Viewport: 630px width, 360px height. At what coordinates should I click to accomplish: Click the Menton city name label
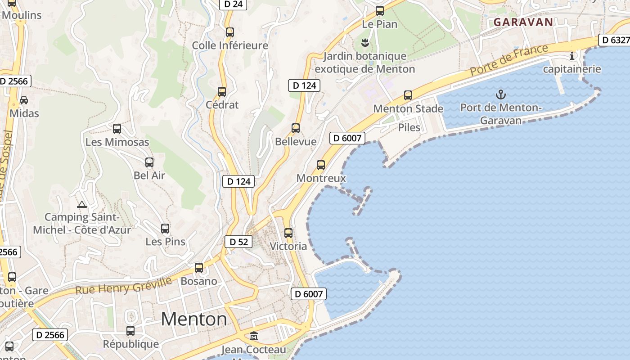(x=194, y=319)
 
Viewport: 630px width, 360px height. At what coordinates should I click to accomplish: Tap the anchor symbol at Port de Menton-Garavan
(x=500, y=94)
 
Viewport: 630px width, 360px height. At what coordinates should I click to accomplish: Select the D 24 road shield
(x=233, y=4)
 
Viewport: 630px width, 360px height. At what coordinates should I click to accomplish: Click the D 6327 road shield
(x=615, y=40)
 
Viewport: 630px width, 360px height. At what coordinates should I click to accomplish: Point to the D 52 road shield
(x=238, y=242)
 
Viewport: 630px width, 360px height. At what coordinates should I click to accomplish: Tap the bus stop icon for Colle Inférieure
(x=230, y=32)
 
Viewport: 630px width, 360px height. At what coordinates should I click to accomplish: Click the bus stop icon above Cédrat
(x=222, y=92)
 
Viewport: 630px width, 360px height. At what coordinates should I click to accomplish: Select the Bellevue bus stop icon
(x=296, y=128)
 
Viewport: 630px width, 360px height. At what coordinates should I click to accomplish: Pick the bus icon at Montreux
(x=321, y=165)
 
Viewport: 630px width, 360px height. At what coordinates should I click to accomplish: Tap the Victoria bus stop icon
(x=288, y=233)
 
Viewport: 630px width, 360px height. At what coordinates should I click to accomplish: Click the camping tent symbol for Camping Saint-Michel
(x=81, y=205)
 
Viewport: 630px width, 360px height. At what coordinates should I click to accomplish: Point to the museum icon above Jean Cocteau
(x=254, y=336)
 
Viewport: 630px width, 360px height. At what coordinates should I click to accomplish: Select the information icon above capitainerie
(x=572, y=56)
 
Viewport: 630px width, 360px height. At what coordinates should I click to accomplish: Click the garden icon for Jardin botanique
(x=365, y=43)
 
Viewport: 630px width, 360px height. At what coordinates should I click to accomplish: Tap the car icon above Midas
(x=24, y=100)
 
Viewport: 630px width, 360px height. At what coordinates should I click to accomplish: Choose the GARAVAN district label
(x=523, y=22)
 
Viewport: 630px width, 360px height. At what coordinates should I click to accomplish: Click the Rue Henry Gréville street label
(x=123, y=285)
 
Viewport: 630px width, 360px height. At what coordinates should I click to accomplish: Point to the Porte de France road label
(x=509, y=59)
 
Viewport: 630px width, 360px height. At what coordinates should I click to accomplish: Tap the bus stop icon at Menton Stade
(x=408, y=95)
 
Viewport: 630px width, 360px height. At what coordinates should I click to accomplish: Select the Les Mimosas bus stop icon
(x=117, y=129)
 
